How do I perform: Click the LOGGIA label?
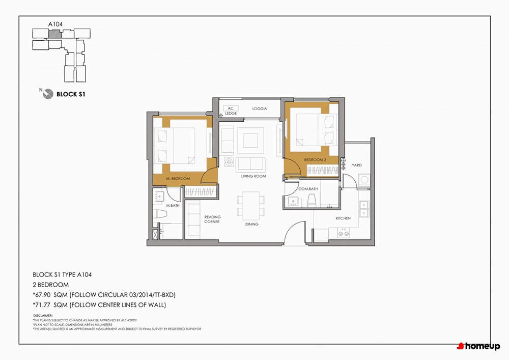(260, 109)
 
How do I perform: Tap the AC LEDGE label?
(231, 110)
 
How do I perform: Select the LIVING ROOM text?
(253, 176)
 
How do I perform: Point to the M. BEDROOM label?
(178, 179)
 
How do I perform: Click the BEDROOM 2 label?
(315, 160)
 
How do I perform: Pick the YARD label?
(356, 165)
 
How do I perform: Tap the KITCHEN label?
(343, 218)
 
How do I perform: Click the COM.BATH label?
(308, 189)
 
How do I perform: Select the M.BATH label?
(173, 206)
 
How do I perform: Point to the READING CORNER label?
(212, 219)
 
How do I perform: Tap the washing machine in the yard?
(364, 180)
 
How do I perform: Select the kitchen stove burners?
(343, 233)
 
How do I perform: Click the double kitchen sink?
(364, 209)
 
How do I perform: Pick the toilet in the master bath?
(160, 214)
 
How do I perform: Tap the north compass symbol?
(48, 94)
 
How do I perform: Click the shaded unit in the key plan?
(54, 34)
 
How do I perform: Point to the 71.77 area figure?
(42, 305)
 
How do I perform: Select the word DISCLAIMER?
(43, 316)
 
